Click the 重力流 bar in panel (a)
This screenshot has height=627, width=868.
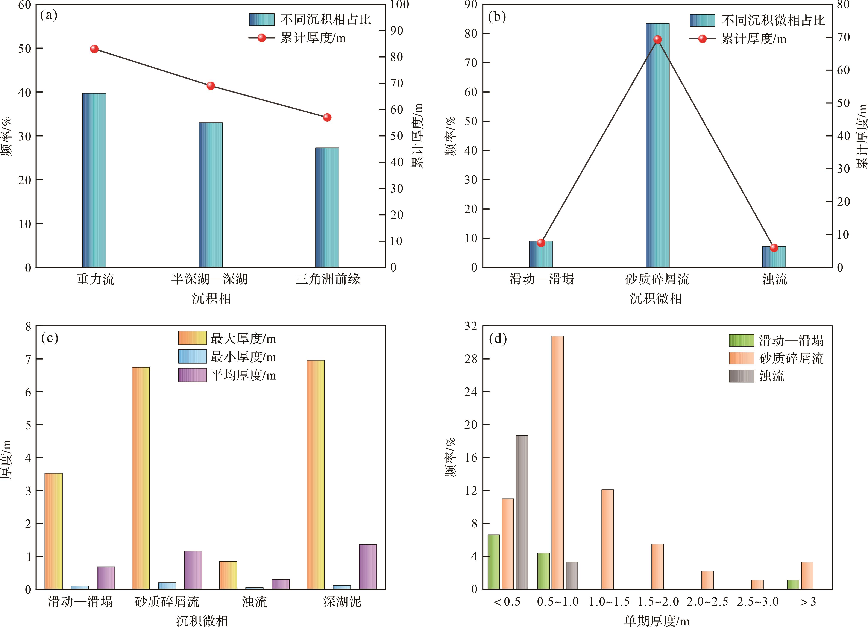point(94,180)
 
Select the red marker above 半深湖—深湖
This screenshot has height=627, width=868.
point(211,86)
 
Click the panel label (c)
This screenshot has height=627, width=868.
point(50,338)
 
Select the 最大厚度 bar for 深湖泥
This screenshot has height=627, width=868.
point(315,475)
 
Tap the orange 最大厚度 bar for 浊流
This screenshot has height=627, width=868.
point(228,575)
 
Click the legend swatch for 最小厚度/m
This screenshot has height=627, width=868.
point(193,357)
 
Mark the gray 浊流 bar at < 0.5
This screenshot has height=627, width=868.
point(522,512)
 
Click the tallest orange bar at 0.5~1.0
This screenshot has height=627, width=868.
point(558,462)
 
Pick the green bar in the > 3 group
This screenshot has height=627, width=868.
point(793,584)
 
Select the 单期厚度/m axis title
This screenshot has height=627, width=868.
point(657,621)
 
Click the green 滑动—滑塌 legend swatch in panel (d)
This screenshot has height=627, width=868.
point(741,340)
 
